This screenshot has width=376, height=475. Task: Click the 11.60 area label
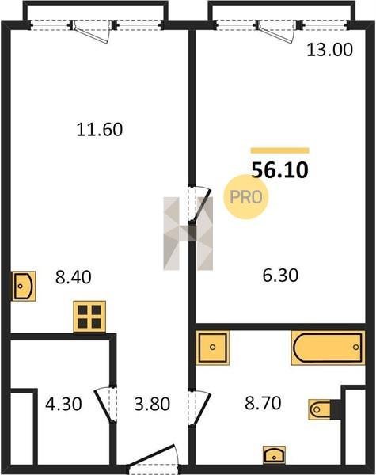[100, 129]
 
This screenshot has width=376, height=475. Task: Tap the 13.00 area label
[329, 50]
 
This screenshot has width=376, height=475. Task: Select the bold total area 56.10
[280, 170]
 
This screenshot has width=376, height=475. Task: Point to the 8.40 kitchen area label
[74, 277]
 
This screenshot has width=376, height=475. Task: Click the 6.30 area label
[280, 275]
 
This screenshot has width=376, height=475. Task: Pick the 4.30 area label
[63, 404]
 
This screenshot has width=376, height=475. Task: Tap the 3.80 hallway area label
[152, 404]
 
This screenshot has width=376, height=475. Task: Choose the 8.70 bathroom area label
[263, 403]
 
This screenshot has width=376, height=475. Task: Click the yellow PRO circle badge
[245, 197]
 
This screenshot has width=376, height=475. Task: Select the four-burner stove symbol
[89, 317]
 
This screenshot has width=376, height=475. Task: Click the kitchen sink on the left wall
[24, 287]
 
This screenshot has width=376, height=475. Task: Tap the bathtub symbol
[328, 348]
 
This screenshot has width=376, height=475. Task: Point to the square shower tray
[212, 348]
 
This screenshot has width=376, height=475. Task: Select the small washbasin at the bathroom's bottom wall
[274, 454]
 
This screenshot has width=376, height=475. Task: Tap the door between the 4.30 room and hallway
[106, 405]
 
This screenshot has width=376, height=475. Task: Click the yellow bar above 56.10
[280, 150]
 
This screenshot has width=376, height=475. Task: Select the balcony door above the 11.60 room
[92, 31]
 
